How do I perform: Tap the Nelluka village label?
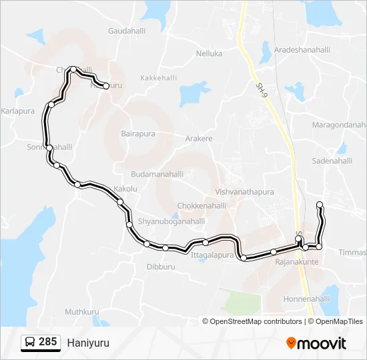pyautogui.click(x=209, y=53)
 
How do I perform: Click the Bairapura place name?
pyautogui.click(x=138, y=133)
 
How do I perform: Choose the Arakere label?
pyautogui.click(x=199, y=139)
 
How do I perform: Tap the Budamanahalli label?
pyautogui.click(x=157, y=174)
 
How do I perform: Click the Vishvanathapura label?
pyautogui.click(x=245, y=192)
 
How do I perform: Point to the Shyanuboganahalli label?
pyautogui.click(x=171, y=221)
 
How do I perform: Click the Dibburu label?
pyautogui.click(x=160, y=267)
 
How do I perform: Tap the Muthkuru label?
pyautogui.click(x=82, y=311)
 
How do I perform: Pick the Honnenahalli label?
pyautogui.click(x=307, y=299)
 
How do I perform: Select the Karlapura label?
pyautogui.click(x=18, y=111)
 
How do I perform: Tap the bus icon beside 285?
pyautogui.click(x=30, y=342)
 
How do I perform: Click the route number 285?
pyautogui.click(x=47, y=342)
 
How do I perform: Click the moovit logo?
pyautogui.click(x=316, y=343)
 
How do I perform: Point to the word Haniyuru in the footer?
pyautogui.click(x=87, y=343)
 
